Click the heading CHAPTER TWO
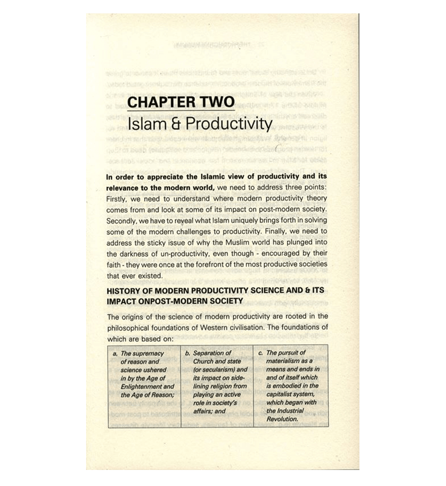click(181, 102)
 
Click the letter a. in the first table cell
click(116, 354)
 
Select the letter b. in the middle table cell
click(189, 354)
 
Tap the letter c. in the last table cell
click(261, 354)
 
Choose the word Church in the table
click(203, 362)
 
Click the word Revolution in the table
click(282, 419)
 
